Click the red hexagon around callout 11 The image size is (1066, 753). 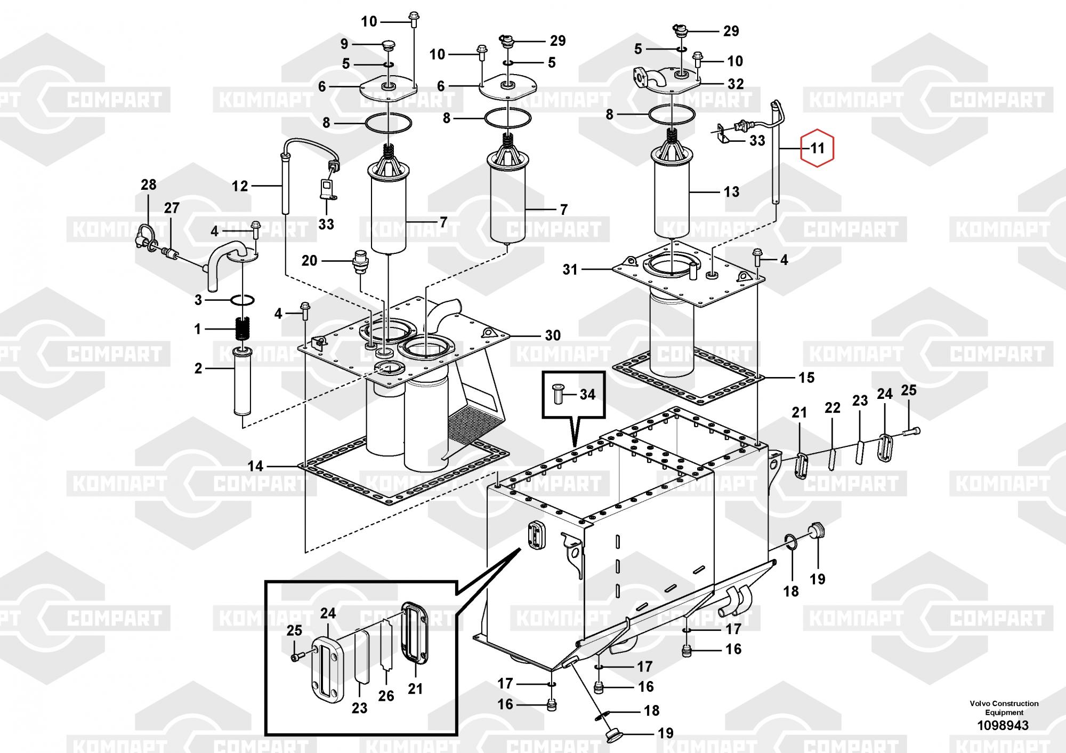(817, 148)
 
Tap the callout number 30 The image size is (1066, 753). (553, 335)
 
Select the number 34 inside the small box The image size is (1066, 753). (587, 394)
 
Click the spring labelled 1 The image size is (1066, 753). (242, 329)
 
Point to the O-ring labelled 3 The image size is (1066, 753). (243, 300)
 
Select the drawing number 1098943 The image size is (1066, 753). (1003, 725)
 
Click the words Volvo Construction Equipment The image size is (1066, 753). (1004, 708)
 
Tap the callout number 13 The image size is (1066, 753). (731, 192)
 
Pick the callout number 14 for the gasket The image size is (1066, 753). (255, 466)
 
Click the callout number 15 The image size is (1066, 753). (806, 378)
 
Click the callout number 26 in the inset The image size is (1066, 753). (386, 695)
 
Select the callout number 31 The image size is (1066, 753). (570, 269)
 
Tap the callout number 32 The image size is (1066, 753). (736, 84)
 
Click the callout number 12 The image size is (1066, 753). (240, 186)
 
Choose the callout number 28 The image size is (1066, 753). (148, 185)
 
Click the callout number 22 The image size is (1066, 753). (832, 408)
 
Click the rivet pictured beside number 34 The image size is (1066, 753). (558, 394)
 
